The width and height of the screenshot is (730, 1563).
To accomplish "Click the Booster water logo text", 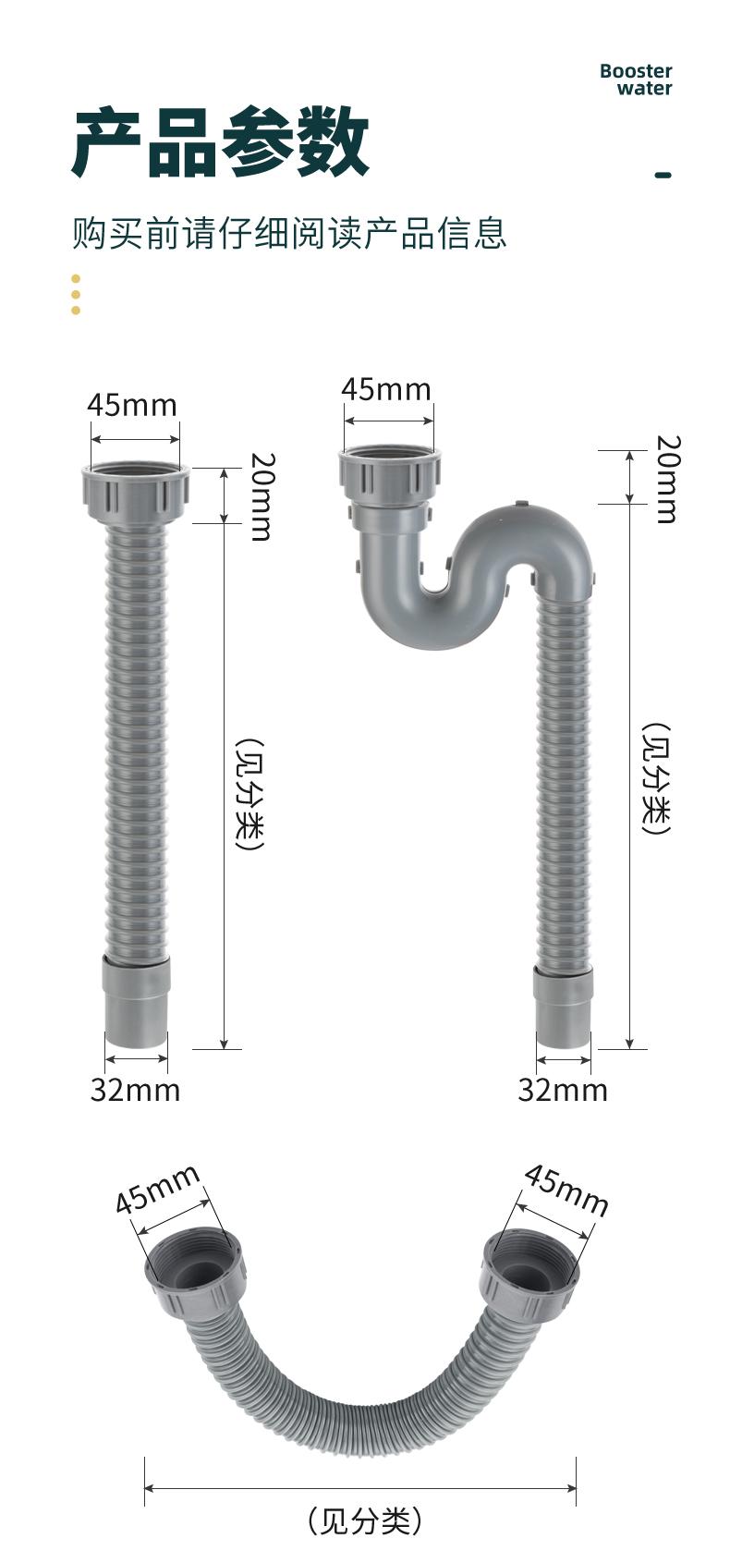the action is pos(636,79).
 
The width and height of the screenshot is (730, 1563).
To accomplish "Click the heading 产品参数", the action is pos(221,143).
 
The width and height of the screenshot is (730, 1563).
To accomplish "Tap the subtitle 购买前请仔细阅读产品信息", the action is pos(289,232).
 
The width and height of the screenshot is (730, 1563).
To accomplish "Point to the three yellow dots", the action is pos(76,295).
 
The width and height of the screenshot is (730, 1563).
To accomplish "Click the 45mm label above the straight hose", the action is pos(132,406).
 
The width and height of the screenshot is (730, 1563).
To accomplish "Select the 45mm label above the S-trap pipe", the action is pos(386,389).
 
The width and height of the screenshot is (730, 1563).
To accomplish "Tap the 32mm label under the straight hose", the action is pos(136,1089).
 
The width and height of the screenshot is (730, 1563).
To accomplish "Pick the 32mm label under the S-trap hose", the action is pos(563,1089).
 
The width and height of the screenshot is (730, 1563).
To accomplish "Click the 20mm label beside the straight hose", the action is pos(262,496).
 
